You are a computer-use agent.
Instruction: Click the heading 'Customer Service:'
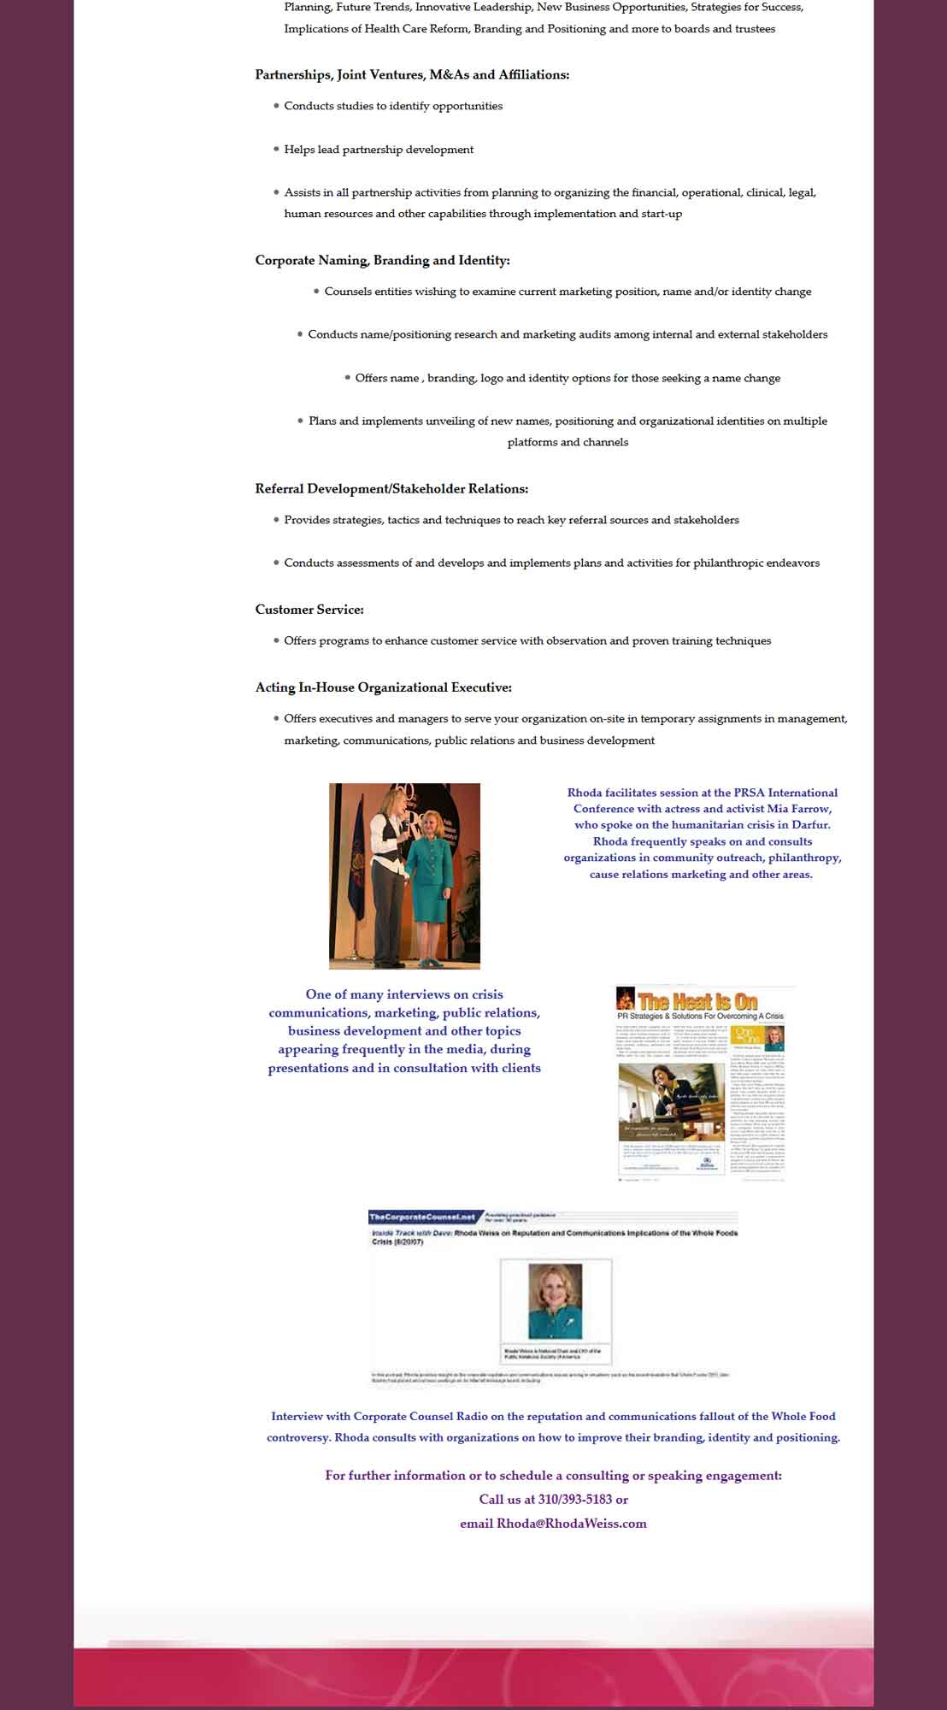tap(309, 610)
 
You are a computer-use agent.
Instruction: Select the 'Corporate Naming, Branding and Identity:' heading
tap(382, 260)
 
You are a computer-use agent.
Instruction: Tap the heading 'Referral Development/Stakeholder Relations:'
tap(391, 489)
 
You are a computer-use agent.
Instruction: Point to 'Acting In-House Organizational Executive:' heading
tap(383, 687)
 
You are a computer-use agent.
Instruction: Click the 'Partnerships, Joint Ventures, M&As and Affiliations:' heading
tap(412, 75)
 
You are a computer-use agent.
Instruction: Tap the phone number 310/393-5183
tap(574, 1499)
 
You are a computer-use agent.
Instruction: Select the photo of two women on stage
tap(404, 876)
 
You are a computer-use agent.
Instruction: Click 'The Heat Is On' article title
tap(697, 1001)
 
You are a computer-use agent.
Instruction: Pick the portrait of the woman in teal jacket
tap(556, 1302)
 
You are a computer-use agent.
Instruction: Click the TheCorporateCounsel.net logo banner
tap(423, 1217)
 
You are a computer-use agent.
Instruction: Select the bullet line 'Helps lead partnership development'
tap(379, 150)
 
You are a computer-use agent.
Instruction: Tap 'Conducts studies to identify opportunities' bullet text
tap(393, 106)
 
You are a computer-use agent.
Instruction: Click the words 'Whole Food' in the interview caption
tap(803, 1416)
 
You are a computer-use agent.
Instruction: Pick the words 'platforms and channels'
tap(568, 442)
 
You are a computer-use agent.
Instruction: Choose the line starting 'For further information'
tap(553, 1475)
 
